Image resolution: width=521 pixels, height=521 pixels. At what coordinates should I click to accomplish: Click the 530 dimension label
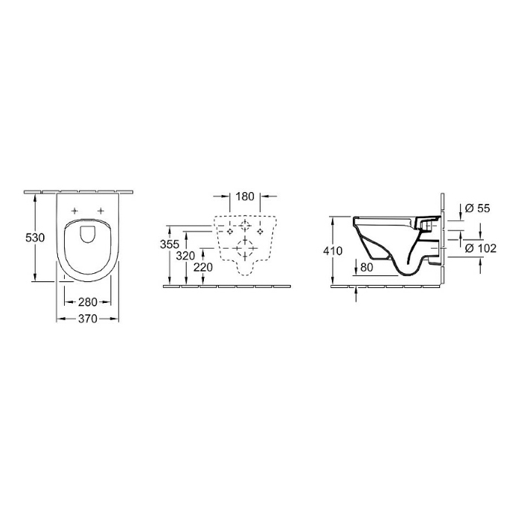[x=35, y=237]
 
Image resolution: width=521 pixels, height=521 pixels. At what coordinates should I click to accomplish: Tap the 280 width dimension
[x=88, y=302]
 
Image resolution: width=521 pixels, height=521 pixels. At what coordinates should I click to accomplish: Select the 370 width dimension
[x=88, y=319]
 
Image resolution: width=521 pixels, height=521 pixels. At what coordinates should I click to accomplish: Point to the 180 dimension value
[x=245, y=196]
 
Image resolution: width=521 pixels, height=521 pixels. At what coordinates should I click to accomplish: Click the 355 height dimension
[x=170, y=244]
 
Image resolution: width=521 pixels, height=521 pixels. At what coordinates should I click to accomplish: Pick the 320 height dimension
[x=185, y=256]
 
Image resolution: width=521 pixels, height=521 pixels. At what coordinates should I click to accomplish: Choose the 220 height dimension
[x=203, y=267]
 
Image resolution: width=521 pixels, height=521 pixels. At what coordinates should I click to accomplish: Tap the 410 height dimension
[x=333, y=251]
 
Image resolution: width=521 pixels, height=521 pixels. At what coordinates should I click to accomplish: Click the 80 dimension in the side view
[x=366, y=267]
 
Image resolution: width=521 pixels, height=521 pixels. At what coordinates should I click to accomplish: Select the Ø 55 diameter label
[x=478, y=208]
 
